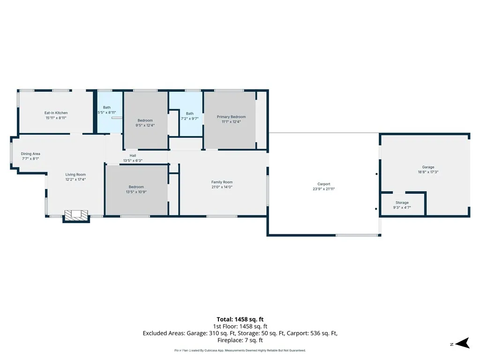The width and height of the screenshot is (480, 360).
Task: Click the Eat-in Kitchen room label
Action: pos(56,113)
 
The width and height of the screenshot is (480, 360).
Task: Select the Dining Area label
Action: pos(30,154)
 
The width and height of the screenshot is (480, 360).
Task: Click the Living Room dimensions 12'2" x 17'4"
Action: pos(75,180)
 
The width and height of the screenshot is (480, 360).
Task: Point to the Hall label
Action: pos(133,156)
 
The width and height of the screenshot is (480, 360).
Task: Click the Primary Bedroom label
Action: pos(231,117)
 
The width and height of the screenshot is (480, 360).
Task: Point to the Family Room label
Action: pos(222,182)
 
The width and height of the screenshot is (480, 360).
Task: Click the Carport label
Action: pos(324,184)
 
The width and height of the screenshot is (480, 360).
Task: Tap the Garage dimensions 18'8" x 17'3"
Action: pos(428,172)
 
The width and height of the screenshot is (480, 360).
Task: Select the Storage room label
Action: pos(402,202)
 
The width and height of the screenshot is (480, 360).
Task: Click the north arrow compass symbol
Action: pos(462,343)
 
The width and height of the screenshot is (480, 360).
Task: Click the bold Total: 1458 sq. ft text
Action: pos(240,320)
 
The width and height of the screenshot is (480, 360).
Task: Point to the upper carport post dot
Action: pos(376,174)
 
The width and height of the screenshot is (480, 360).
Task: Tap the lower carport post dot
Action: pos(376,209)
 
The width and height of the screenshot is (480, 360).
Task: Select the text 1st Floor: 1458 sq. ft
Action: pos(240,327)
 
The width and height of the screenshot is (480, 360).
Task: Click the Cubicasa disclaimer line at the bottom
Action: pos(240,351)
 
